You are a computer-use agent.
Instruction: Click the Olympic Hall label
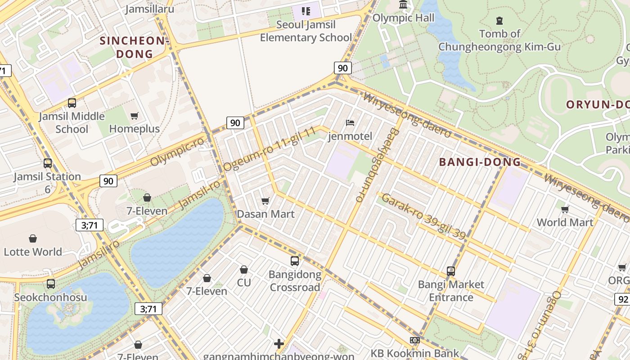(403, 18)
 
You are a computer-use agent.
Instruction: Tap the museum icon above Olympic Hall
(403, 5)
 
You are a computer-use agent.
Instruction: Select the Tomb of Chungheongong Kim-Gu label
(499, 40)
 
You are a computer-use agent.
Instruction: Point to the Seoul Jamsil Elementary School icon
(306, 11)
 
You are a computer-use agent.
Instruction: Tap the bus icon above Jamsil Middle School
(72, 103)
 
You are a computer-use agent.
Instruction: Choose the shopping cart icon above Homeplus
(134, 116)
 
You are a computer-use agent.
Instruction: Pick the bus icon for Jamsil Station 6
(48, 163)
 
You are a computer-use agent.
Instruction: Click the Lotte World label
(33, 252)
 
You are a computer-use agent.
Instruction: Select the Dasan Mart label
(265, 214)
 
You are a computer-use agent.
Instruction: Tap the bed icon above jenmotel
(350, 123)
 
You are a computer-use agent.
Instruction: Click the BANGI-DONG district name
(480, 162)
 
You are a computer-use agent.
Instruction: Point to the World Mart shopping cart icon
(565, 209)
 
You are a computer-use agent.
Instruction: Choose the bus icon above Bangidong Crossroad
(295, 261)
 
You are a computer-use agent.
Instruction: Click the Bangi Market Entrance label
(451, 291)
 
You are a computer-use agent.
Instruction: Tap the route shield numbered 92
(623, 299)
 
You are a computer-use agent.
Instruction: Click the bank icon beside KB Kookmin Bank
(415, 340)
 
